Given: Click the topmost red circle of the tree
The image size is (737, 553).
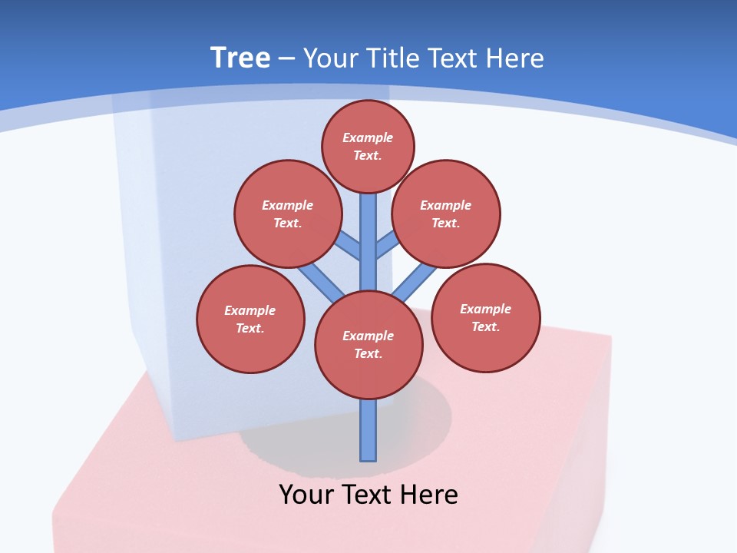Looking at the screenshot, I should pyautogui.click(x=368, y=146).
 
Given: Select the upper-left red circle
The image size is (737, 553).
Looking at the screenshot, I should pyautogui.click(x=288, y=214).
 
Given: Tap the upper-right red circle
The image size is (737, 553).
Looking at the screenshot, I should pyautogui.click(x=446, y=214).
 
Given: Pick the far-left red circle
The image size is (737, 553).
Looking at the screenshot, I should pyautogui.click(x=250, y=319).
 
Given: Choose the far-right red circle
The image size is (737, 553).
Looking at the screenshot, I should pyautogui.click(x=486, y=317).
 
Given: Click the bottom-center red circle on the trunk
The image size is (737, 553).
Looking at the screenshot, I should pyautogui.click(x=368, y=345).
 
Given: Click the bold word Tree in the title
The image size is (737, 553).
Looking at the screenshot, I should pyautogui.click(x=240, y=58).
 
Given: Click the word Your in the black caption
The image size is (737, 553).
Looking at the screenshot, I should pyautogui.click(x=306, y=494).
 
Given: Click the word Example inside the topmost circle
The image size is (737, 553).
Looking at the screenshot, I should pyautogui.click(x=368, y=137).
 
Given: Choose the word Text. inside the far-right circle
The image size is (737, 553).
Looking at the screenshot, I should pyautogui.click(x=485, y=326).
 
